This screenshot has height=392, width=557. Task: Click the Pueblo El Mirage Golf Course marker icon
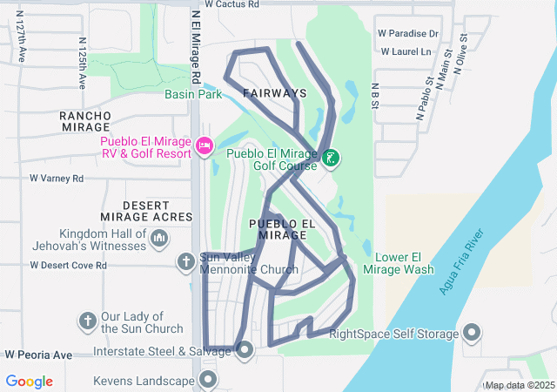330,159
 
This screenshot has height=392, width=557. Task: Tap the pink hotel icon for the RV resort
205,145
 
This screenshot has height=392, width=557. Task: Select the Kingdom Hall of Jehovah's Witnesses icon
159,238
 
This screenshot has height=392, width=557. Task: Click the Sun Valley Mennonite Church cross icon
185,261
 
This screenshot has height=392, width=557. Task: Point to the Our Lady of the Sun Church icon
88,321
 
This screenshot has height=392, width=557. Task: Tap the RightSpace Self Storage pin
472,333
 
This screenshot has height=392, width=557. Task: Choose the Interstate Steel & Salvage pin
245,351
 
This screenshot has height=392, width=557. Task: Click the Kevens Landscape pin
208,380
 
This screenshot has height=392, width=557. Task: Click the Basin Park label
191,94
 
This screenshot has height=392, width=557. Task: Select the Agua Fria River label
461,261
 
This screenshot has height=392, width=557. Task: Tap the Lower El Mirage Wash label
404,263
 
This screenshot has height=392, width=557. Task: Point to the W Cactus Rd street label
232,4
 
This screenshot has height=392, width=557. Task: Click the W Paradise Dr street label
408,34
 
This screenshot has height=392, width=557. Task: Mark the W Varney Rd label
57,179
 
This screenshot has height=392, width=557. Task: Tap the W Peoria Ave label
38,355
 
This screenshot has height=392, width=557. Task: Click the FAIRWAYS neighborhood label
274,93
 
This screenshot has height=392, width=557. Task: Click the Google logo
30,381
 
